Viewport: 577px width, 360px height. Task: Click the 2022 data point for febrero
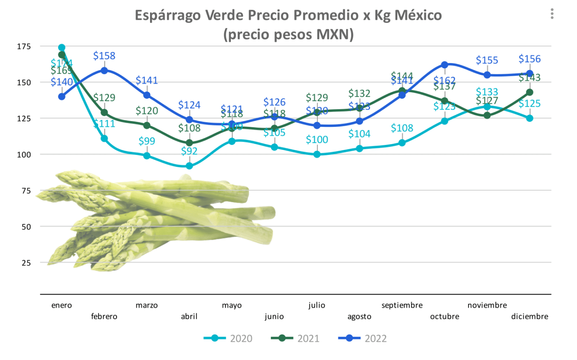click(x=104, y=70)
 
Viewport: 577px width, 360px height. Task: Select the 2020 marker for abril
click(x=189, y=166)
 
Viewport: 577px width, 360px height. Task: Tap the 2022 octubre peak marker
click(x=444, y=65)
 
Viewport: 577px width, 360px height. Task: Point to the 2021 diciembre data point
click(x=530, y=92)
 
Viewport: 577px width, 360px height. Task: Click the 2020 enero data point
click(x=62, y=47)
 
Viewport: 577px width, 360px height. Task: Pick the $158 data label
click(x=104, y=56)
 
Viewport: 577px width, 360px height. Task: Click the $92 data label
click(x=189, y=151)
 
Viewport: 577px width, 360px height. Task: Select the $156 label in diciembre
click(x=530, y=59)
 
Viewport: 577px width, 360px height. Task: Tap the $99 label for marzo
click(x=147, y=141)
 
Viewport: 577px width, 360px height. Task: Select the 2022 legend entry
click(x=363, y=339)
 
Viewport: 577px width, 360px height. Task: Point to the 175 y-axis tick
click(x=24, y=47)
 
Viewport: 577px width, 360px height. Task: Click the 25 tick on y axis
click(x=26, y=263)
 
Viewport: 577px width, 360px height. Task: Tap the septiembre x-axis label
click(x=402, y=305)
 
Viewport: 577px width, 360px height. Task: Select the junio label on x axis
click(x=274, y=316)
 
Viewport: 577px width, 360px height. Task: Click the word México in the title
click(x=418, y=15)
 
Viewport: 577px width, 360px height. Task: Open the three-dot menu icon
click(x=552, y=14)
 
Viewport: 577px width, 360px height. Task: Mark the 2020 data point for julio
click(x=317, y=154)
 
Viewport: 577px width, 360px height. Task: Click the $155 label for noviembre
click(x=487, y=60)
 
